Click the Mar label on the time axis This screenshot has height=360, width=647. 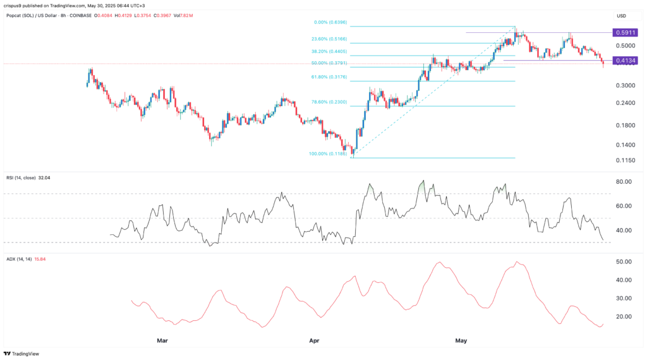click(162, 340)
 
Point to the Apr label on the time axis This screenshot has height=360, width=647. click(314, 340)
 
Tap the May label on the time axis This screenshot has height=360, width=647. click(461, 340)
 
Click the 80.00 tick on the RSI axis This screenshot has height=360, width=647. click(624, 182)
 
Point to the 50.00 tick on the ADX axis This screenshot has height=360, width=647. click(624, 261)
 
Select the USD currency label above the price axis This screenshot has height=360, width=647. click(622, 16)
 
